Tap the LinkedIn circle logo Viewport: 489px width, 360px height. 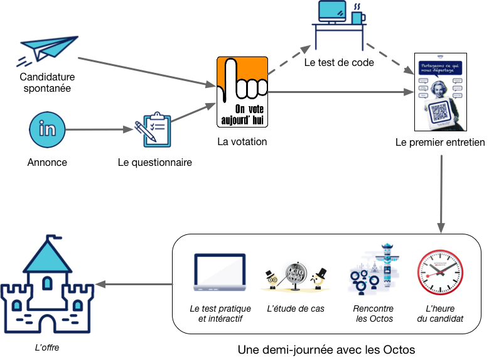pos(47,129)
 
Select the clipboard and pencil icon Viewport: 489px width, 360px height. pos(153,129)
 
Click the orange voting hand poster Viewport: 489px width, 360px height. pos(242,92)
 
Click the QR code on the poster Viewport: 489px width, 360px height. pos(442,112)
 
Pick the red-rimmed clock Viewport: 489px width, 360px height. pos(440,273)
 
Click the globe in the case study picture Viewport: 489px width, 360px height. pos(294,275)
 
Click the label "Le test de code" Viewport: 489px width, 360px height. pos(338,62)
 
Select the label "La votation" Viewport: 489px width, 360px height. pos(242,141)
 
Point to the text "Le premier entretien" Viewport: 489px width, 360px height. pos(440,143)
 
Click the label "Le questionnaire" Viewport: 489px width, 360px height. pos(154,162)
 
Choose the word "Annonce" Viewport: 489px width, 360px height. pos(47,162)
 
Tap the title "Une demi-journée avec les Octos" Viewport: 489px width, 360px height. pos(326,349)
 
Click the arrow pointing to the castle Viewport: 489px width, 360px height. pos(136,285)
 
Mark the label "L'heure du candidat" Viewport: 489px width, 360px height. pos(440,314)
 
